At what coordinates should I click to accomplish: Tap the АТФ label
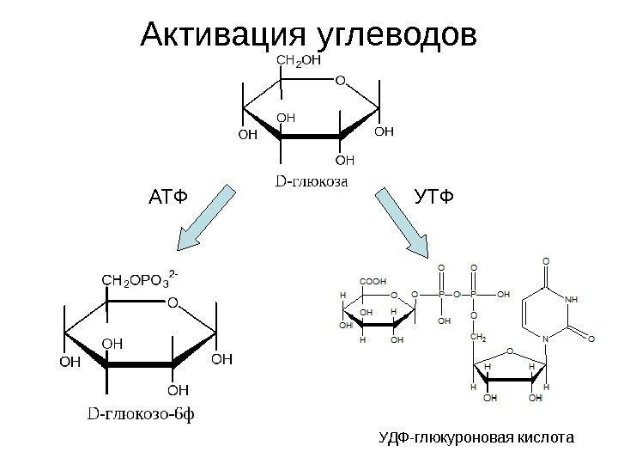pos(167,200)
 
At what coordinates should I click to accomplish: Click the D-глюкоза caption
pos(310,181)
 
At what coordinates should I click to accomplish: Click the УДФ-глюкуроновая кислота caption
pos(476,439)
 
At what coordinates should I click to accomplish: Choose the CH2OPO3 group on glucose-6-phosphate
pos(138,279)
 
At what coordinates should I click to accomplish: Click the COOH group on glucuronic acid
pos(373,280)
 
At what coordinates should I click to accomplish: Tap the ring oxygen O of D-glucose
pos(339,80)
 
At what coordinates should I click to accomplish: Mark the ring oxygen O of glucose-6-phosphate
pos(172,302)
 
